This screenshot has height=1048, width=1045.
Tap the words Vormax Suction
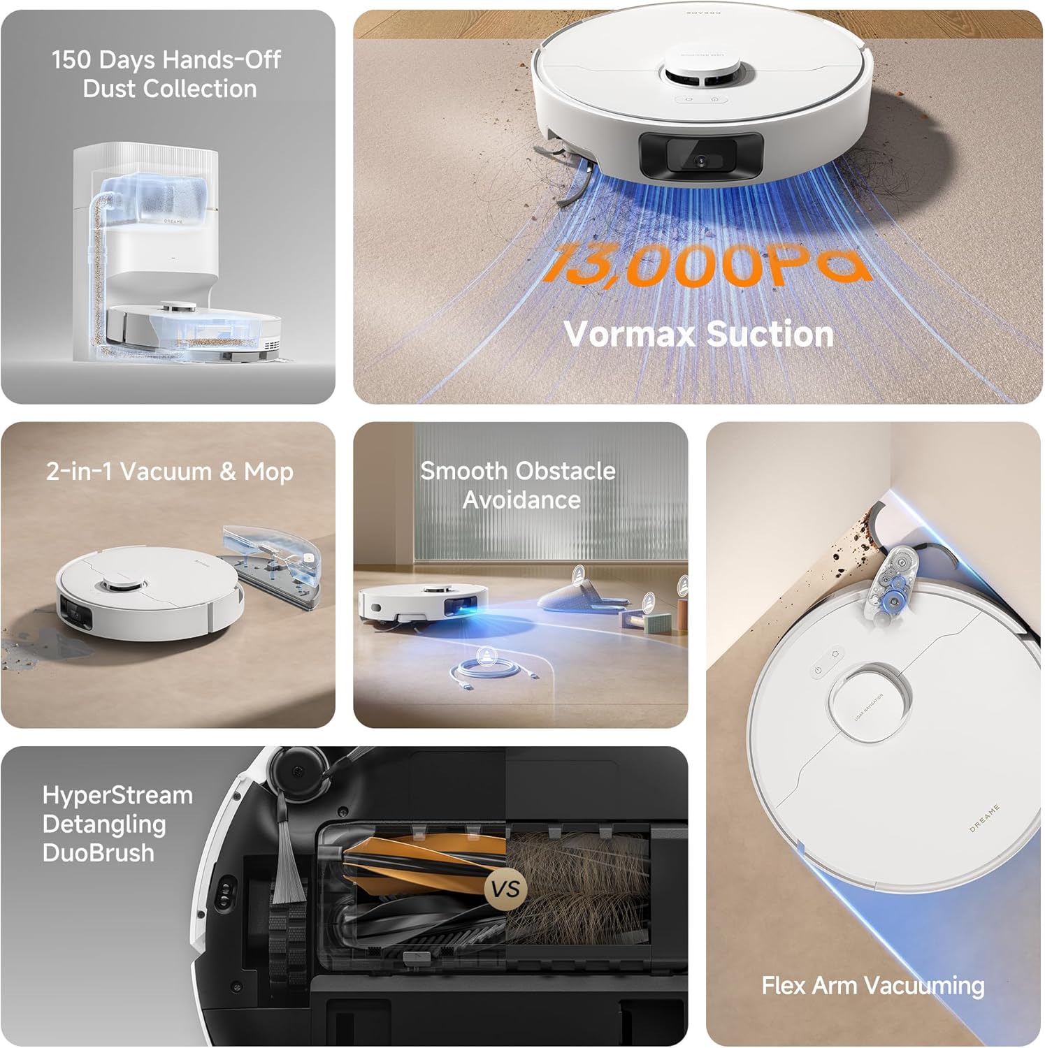tap(699, 334)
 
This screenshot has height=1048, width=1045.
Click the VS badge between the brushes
tap(505, 889)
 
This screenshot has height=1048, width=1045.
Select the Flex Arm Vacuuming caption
tap(872, 986)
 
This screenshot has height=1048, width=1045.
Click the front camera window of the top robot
tap(701, 155)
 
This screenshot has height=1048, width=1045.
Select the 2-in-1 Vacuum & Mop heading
tap(169, 472)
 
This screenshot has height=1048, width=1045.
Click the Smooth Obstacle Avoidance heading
tap(518, 485)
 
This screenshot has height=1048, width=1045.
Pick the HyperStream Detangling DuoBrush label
tap(117, 824)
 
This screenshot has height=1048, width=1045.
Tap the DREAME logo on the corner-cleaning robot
tap(984, 818)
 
